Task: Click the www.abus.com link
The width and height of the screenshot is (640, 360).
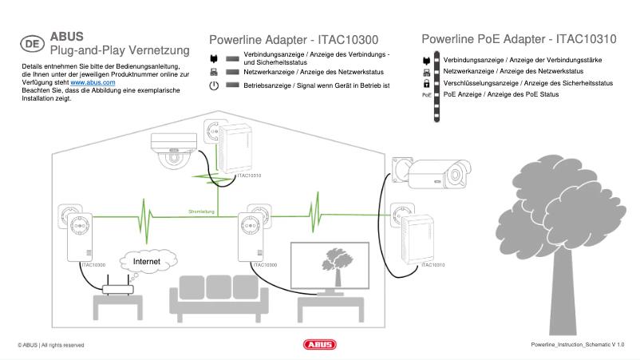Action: pyautogui.click(x=93, y=82)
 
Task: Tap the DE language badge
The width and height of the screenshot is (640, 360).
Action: pyautogui.click(x=32, y=44)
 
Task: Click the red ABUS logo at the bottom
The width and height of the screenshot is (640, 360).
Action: pyautogui.click(x=320, y=345)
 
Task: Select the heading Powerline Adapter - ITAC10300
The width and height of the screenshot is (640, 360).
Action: pyautogui.click(x=294, y=39)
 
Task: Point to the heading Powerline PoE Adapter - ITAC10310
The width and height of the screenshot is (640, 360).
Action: pyautogui.click(x=519, y=38)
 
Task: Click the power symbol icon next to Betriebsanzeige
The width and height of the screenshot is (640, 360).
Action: pyautogui.click(x=214, y=85)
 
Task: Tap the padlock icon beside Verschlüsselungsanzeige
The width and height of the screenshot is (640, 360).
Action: pyautogui.click(x=427, y=83)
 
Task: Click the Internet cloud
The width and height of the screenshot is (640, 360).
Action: pyautogui.click(x=147, y=261)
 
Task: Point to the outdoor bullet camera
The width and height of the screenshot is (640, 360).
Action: pyautogui.click(x=435, y=173)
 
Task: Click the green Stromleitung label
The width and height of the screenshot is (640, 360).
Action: pyautogui.click(x=202, y=212)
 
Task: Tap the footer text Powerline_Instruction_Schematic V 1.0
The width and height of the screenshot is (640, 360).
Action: pyautogui.click(x=577, y=345)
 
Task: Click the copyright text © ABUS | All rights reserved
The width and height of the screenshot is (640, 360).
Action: pyautogui.click(x=51, y=345)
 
